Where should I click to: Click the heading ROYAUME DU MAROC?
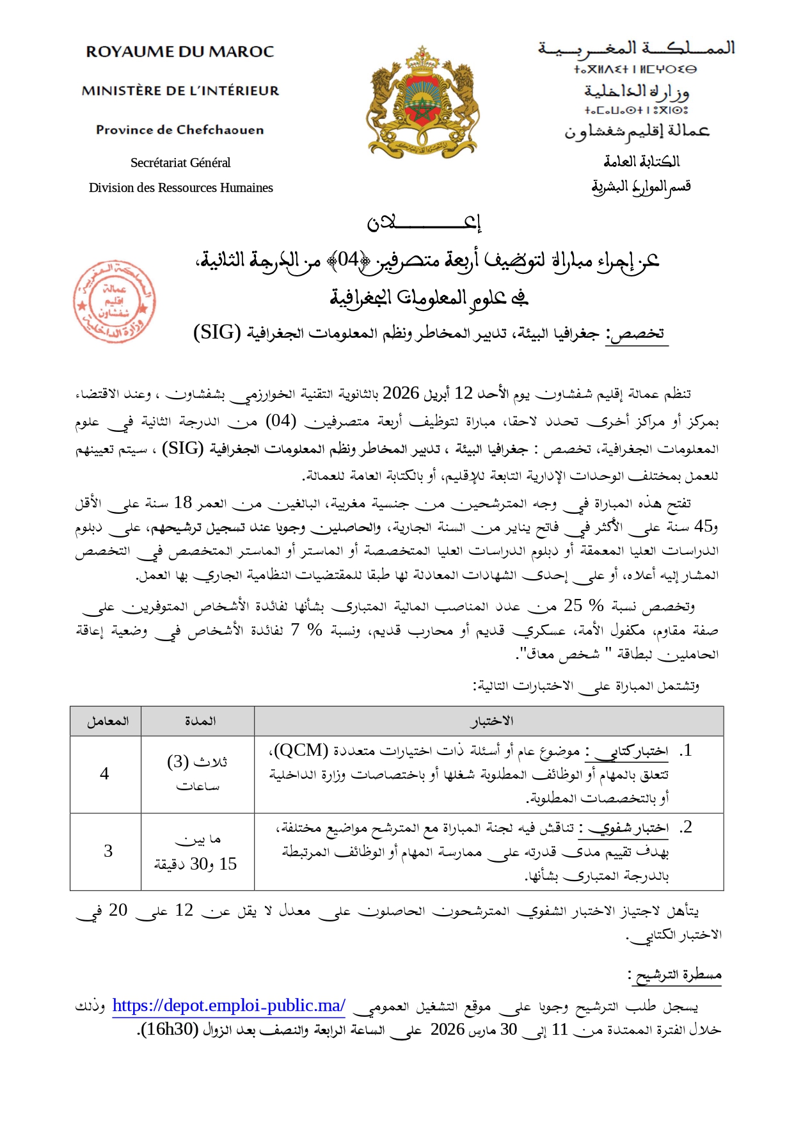pos(180,52)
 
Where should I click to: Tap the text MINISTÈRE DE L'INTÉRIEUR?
pos(180,91)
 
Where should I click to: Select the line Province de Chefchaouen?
pos(180,130)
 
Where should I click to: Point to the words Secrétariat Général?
pos(180,163)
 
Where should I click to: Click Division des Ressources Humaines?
pos(180,187)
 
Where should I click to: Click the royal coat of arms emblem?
pos(423,102)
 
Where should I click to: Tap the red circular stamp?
pos(114,301)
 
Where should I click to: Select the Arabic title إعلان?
pos(424,222)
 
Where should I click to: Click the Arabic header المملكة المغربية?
pos(637,48)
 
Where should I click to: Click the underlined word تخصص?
pos(637,333)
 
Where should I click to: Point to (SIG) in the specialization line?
pos(217,333)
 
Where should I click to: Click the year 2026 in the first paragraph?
pos(401,393)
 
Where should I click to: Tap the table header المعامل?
pos(107,721)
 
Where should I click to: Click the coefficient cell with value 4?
pos(104,774)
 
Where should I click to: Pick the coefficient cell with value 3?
pos(108,851)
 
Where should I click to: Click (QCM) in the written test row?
pos(301,750)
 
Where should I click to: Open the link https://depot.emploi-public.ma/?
pos(228,1005)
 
